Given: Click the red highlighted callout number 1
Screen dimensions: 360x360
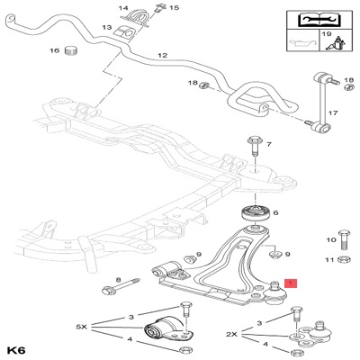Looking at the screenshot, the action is pos(291,283).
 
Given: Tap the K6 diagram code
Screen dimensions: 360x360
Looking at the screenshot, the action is pos(17,350).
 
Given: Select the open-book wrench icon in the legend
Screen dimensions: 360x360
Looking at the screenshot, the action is pos(319,20).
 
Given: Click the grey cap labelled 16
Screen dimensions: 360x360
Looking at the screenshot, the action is pos(71,50).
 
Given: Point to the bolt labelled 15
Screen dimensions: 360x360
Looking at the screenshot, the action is pos(158,7).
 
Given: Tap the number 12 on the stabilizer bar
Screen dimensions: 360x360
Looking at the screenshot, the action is pos(162,56).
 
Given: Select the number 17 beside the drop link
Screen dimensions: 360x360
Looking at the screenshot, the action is pos(333,113).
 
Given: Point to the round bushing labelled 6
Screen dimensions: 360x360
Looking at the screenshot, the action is pos(255,213).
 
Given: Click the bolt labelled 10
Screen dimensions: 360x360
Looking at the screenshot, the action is pos(344,240).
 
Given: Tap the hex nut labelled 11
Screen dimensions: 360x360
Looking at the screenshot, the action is pos(343,259).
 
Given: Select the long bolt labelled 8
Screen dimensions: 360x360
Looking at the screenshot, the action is pos(121,286).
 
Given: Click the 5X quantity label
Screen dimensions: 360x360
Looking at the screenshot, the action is pos(81,327).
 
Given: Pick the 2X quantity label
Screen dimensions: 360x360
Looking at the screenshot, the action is pos(231,334).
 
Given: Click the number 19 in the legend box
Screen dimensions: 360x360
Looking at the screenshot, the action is pos(326,34).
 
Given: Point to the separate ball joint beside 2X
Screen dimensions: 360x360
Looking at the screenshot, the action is pos(315,333).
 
